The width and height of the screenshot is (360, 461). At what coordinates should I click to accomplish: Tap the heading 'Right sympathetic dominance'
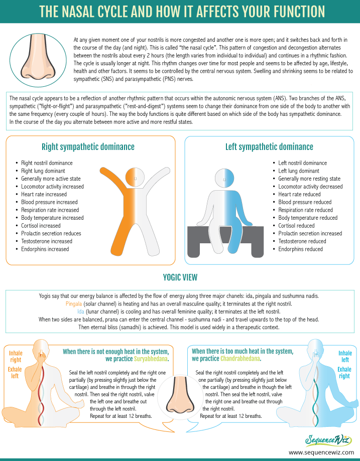coord(88,146)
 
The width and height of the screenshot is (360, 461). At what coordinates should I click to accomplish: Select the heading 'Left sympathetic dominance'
coord(269,146)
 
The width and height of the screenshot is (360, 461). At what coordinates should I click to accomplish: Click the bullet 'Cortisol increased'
coord(41,226)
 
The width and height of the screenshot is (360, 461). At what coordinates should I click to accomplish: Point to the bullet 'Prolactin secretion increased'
coord(310,233)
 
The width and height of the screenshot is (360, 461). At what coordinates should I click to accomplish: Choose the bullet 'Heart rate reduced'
coord(299,194)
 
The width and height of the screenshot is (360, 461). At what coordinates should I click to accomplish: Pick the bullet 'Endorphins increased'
coord(45,249)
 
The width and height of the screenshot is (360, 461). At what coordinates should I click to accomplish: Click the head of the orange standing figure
coord(135,178)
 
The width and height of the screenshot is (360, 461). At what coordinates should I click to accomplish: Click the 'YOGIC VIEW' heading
coord(180,277)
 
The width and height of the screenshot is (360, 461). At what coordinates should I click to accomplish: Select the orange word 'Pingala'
coord(74,303)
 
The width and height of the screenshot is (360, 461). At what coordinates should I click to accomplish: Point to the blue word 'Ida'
coord(81,312)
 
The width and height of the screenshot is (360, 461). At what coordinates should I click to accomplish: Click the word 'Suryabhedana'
coord(151,359)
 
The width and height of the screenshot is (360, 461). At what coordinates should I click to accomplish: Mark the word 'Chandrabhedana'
coord(240,359)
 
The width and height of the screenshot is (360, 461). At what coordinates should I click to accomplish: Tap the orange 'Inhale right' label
coord(16,356)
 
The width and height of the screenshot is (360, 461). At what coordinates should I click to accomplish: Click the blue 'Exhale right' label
coord(344,373)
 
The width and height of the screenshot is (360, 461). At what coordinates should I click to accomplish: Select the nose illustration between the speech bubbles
coord(180,396)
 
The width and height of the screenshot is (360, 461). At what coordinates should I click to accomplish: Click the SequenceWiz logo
coord(328,440)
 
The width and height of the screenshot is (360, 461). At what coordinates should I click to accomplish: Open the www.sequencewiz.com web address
coord(321,452)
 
